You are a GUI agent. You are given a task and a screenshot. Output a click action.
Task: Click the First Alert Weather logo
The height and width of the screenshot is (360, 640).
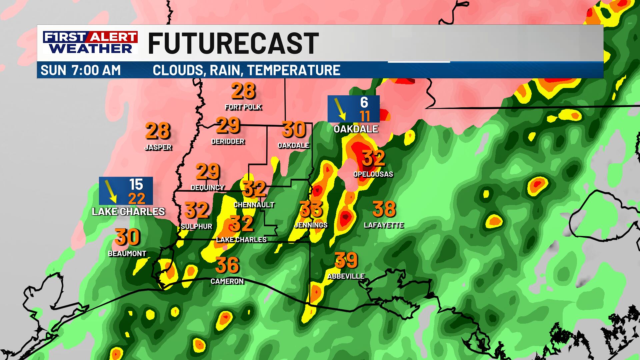point(90,42)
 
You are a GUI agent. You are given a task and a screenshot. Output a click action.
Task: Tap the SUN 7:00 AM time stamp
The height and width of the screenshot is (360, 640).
point(81,70)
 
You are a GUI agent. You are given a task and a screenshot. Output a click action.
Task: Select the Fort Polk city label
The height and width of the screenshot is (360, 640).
point(243,107)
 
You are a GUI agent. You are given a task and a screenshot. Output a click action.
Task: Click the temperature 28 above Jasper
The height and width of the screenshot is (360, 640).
point(158,131)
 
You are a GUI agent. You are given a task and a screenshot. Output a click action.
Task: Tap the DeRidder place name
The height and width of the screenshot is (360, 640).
point(228,141)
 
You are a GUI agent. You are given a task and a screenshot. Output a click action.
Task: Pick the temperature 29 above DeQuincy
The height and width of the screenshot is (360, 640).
point(207,172)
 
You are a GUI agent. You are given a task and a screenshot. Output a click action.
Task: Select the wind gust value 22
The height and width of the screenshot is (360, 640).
point(137,199)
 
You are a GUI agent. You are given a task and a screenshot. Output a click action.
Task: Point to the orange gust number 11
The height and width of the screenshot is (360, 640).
point(365,116)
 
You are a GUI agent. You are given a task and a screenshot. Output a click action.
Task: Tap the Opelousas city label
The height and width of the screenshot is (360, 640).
point(373,174)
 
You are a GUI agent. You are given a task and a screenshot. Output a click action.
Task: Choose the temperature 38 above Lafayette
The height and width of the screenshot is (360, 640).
point(384,209)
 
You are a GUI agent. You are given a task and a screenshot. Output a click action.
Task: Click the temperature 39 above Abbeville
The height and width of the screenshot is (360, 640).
point(346,260)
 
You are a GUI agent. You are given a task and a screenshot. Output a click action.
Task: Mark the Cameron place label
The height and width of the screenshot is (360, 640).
point(227,281)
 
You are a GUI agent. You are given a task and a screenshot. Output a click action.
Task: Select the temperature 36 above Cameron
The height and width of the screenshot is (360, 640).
point(227,265)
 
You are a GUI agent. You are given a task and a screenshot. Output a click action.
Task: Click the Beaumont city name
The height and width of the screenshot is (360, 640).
point(127,254)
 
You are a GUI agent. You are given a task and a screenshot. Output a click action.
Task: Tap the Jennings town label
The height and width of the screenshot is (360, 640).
point(311,225)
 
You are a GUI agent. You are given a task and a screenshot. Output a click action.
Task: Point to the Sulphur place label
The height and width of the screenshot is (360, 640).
point(196,226)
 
